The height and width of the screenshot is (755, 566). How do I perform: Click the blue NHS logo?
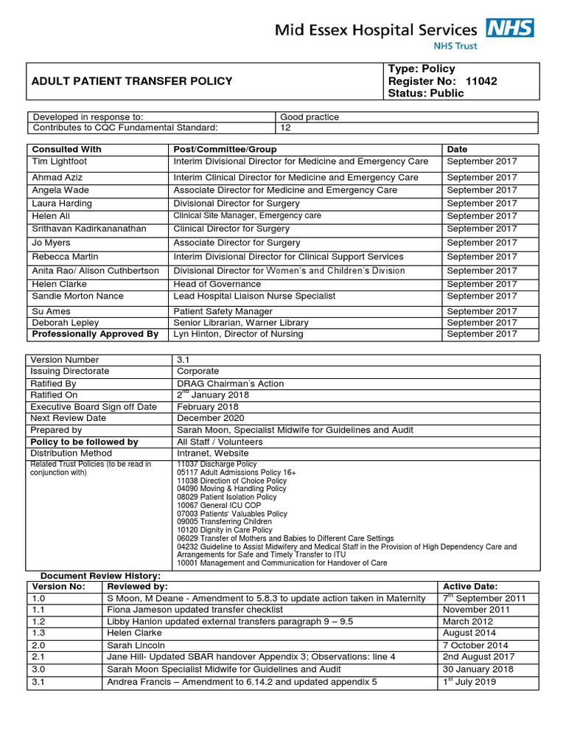coord(510,29)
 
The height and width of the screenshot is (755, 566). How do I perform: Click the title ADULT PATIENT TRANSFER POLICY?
coord(131,81)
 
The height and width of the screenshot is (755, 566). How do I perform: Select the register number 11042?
coord(477,81)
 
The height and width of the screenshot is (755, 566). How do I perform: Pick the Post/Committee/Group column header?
coord(225,149)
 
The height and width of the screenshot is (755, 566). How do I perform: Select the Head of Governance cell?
coord(217,284)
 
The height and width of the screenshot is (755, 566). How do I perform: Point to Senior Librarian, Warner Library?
coord(241,323)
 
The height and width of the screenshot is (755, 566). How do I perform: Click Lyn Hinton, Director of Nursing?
coord(238,334)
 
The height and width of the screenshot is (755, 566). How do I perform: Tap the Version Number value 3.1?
coord(184,360)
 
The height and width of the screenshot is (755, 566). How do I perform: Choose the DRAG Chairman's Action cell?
coord(230,383)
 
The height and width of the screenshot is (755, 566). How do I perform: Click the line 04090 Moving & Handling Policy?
coord(231,489)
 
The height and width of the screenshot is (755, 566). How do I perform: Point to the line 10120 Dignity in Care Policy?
coord(225,529)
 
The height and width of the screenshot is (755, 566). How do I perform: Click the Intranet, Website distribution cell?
coord(212,453)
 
